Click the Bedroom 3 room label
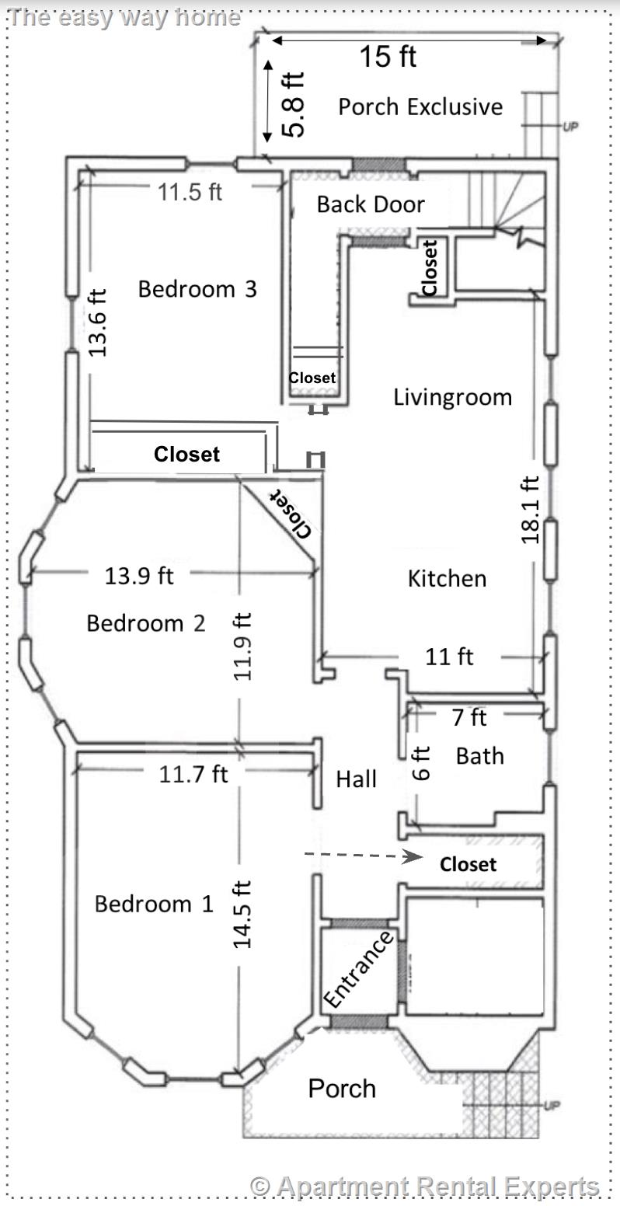197,289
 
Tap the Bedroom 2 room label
145,623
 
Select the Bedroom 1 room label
153,904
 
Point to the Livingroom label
452,398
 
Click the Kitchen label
447,578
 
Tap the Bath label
479,755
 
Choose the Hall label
356,779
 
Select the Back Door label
371,204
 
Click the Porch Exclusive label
420,106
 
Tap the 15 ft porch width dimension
388,57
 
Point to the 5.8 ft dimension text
293,104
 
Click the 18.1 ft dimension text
530,509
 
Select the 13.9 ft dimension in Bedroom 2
139,576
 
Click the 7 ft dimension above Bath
468,717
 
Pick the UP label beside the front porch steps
552,1105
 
